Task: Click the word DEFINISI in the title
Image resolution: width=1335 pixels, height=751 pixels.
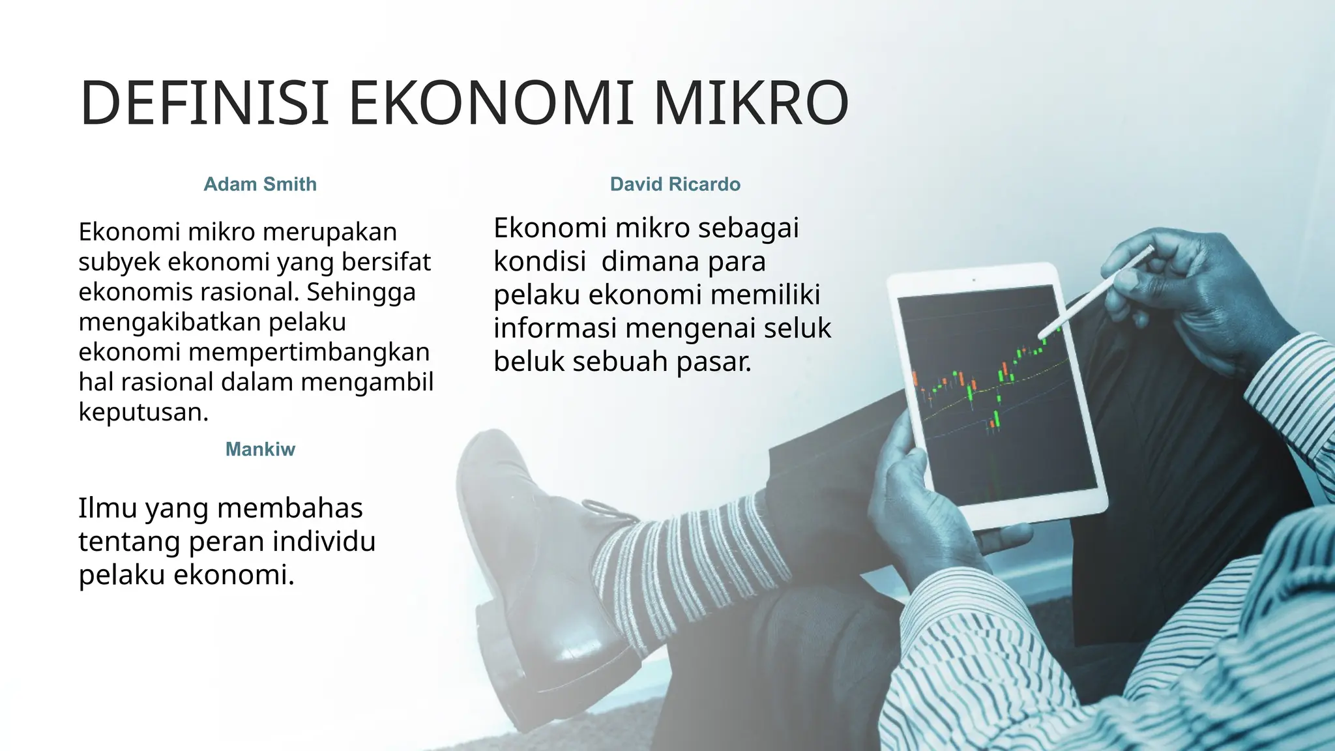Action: [x=204, y=103]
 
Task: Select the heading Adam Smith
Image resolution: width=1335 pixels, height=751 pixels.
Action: [x=260, y=184]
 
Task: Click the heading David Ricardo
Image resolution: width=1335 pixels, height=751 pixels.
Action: [x=675, y=184]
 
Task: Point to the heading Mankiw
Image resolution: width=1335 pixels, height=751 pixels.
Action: [x=260, y=449]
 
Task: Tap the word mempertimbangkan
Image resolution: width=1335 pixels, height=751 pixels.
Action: [x=309, y=352]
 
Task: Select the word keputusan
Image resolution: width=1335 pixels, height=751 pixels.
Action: [x=143, y=412]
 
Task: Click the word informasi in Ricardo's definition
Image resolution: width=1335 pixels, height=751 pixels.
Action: [x=554, y=328]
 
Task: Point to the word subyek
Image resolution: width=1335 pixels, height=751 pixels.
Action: [x=119, y=262]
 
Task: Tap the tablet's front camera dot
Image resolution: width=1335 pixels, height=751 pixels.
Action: [x=974, y=280]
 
